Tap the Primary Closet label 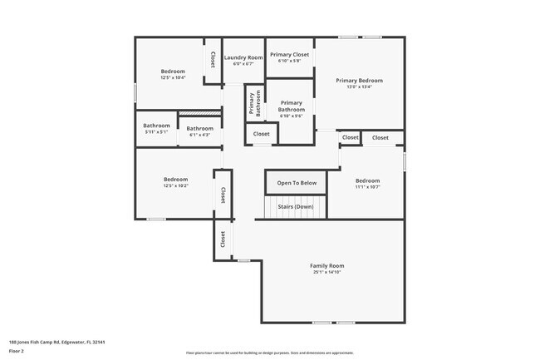coord(289,54)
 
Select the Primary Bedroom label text coord(359,81)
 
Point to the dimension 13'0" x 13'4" coord(359,87)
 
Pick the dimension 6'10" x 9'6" coord(291,116)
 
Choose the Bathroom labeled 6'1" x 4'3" coord(199,129)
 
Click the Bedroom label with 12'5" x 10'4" coord(173,72)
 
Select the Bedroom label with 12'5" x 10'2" coord(175,179)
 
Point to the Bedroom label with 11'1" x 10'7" coord(367,180)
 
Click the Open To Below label coord(297,183)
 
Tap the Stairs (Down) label coord(296,206)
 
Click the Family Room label coord(327,266)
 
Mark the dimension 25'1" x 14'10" coord(327,273)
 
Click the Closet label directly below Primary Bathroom coord(261,134)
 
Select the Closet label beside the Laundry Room coord(213,59)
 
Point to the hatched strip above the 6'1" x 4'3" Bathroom coord(199,114)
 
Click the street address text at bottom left coord(56,342)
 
